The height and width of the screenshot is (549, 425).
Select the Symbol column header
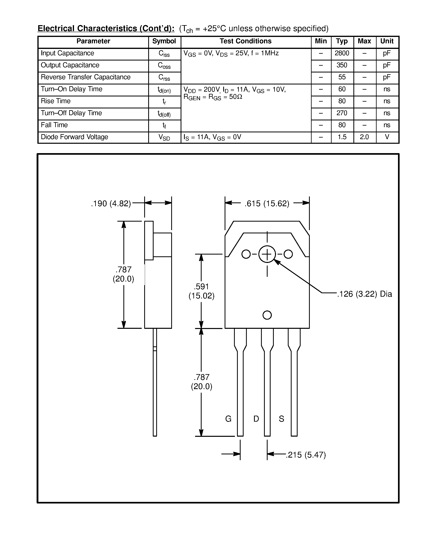click(164, 41)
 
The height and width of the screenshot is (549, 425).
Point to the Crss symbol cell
click(164, 77)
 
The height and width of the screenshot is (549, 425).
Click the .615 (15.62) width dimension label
click(267, 203)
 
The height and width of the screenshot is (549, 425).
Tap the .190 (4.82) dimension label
click(111, 203)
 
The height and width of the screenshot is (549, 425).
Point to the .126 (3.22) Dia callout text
click(364, 294)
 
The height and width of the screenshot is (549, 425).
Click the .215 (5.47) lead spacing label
click(306, 455)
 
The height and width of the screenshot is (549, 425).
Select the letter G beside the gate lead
click(228, 418)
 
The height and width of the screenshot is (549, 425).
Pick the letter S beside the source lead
click(281, 418)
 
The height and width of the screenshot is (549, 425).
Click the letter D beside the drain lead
click(256, 418)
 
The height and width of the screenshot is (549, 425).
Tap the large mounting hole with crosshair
click(267, 254)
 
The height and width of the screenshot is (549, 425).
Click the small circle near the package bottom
click(267, 315)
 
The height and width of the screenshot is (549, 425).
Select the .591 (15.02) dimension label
click(201, 291)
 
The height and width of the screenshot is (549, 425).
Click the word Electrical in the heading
click(56, 28)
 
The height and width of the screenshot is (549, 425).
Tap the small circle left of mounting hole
click(246, 254)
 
